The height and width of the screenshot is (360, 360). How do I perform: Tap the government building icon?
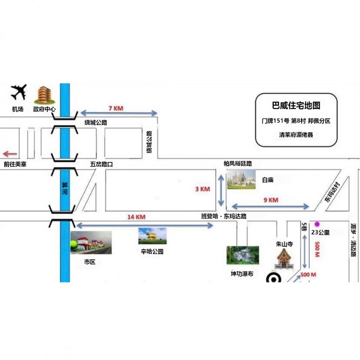click(x=44, y=94)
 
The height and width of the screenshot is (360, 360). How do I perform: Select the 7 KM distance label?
click(x=116, y=108)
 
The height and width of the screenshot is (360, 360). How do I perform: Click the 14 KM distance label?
click(x=136, y=217)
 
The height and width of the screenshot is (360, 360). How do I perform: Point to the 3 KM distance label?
click(x=202, y=189)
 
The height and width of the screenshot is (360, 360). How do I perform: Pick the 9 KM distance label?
click(x=270, y=200)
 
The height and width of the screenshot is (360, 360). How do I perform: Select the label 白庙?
click(x=268, y=180)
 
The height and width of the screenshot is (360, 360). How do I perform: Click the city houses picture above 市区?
click(x=91, y=243)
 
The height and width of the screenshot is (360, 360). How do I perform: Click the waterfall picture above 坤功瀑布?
click(x=242, y=255)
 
